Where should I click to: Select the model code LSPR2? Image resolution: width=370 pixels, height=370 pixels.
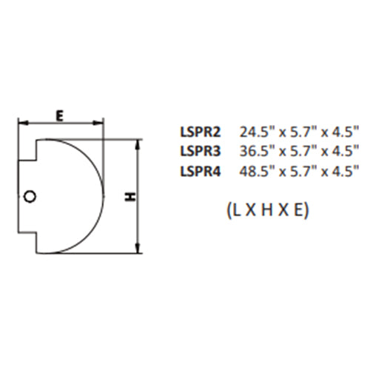click(x=199, y=132)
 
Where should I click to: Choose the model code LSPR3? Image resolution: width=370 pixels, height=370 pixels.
click(x=199, y=152)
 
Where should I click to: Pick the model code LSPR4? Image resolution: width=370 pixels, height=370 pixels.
click(x=199, y=171)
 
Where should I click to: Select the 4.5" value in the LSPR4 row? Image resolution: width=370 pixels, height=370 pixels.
click(x=343, y=171)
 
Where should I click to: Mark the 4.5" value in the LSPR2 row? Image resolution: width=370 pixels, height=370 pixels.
click(x=343, y=132)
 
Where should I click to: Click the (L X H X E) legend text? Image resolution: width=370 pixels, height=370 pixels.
click(x=264, y=209)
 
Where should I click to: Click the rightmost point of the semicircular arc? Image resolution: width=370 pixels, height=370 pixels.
click(x=103, y=196)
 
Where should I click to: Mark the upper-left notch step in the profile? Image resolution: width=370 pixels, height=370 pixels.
click(x=36, y=161)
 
